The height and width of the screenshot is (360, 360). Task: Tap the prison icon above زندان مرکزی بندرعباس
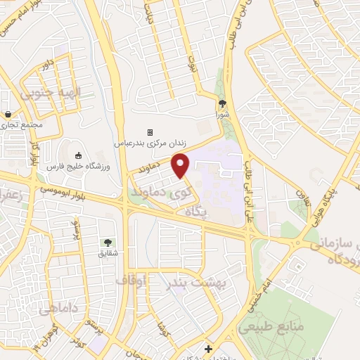(x=149, y=132)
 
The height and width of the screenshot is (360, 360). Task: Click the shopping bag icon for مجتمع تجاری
(x=8, y=115)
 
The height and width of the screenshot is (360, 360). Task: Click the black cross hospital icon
(x=207, y=349)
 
